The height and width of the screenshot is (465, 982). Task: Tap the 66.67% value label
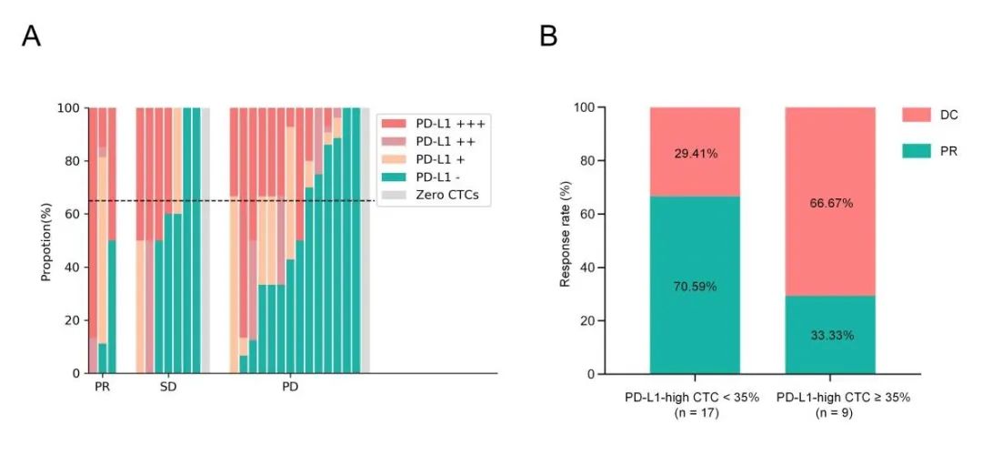coord(830,203)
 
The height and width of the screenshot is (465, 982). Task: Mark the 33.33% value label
coord(830,336)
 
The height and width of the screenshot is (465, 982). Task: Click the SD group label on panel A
coord(168,388)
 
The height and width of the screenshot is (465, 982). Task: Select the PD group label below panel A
coord(290,388)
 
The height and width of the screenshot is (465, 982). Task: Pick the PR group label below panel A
coord(102,388)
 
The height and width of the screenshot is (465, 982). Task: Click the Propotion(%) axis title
coord(45,240)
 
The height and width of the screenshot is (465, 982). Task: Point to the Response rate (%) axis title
coord(565,240)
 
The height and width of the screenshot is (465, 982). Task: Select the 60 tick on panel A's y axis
coord(70,214)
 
